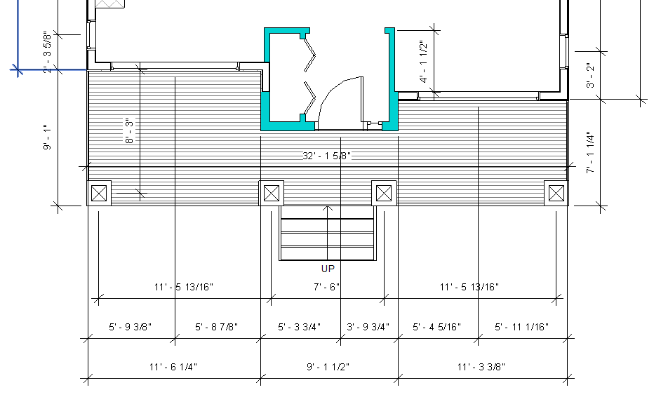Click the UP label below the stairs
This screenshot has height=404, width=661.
point(328,269)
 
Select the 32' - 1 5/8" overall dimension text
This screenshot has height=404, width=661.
point(327,156)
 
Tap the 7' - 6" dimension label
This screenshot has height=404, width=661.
point(327,287)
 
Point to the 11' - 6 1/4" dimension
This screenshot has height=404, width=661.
point(173,367)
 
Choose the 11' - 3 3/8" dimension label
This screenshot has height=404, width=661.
point(481,367)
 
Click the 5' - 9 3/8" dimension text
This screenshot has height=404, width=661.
point(131,327)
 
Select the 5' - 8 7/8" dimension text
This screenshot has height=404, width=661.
point(216,327)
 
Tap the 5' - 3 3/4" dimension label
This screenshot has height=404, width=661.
point(300,327)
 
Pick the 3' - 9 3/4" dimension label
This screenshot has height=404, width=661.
point(368,327)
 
